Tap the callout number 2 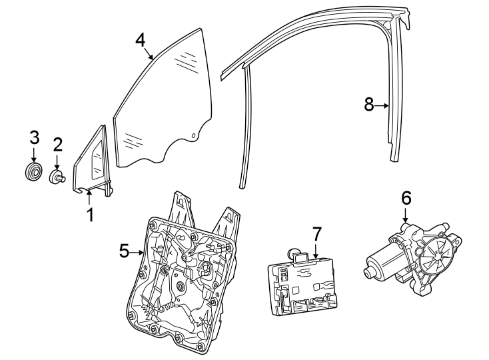click(x=58, y=145)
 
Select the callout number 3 click(x=34, y=139)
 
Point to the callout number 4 click(x=140, y=39)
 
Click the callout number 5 click(x=125, y=251)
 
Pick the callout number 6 click(x=406, y=198)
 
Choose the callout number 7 click(x=316, y=234)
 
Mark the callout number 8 click(x=368, y=105)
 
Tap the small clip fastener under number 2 click(x=57, y=177)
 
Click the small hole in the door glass click(x=193, y=137)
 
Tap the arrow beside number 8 click(x=382, y=105)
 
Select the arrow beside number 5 click(x=139, y=252)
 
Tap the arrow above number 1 click(x=89, y=196)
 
